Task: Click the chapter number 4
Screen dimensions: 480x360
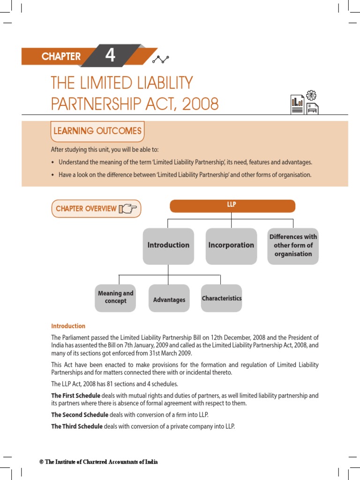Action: (x=110, y=56)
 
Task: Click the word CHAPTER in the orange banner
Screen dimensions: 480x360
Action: (x=61, y=57)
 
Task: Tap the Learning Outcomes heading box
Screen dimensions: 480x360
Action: (x=97, y=131)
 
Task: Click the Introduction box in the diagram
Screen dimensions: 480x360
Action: (x=168, y=245)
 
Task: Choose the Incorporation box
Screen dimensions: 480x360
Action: (x=231, y=245)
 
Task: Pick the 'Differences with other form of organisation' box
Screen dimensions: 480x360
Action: (x=293, y=245)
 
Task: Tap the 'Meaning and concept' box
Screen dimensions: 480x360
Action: (x=115, y=297)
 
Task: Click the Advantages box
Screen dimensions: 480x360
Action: (x=169, y=300)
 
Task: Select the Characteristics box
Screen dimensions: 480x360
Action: (x=222, y=298)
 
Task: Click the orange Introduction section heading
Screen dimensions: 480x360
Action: (x=68, y=326)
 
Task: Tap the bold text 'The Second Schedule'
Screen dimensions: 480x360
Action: (x=79, y=415)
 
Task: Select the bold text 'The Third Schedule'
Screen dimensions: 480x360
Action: (x=76, y=427)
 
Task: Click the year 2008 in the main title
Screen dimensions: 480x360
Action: (x=200, y=104)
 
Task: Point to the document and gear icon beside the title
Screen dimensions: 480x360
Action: (x=305, y=104)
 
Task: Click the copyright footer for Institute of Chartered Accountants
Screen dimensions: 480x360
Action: (x=98, y=462)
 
